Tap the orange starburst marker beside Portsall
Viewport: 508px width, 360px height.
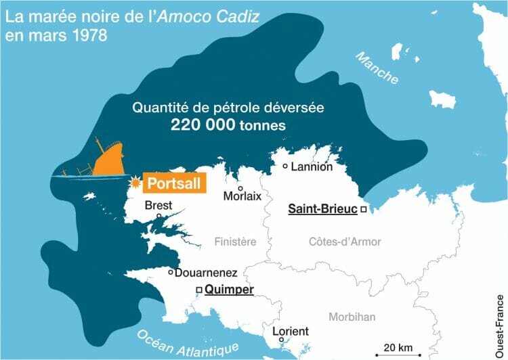(x=135, y=183)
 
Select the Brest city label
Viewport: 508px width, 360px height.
(x=159, y=205)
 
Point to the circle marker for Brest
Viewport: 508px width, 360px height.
(x=158, y=217)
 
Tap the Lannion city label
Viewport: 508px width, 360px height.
(x=312, y=166)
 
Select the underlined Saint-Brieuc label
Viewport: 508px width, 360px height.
(x=322, y=210)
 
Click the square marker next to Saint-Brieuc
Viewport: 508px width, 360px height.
(x=364, y=210)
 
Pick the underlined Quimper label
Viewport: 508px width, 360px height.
(x=229, y=290)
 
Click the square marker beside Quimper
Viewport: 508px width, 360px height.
(x=198, y=290)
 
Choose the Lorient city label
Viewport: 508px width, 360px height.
(x=290, y=332)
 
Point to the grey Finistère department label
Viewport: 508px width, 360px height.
(x=235, y=242)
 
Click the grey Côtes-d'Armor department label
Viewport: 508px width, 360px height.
(x=345, y=242)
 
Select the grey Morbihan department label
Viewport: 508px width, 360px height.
(x=352, y=317)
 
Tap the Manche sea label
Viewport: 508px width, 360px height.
(x=377, y=68)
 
